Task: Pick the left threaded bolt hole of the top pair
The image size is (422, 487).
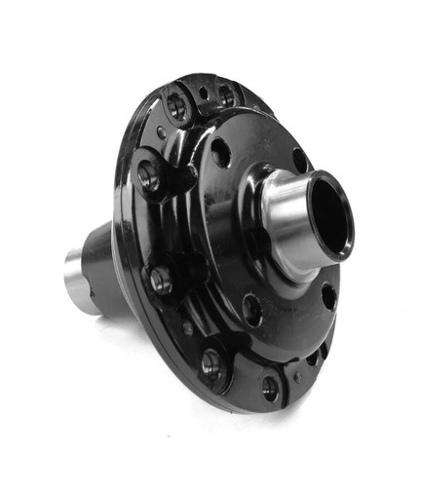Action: coord(176,105)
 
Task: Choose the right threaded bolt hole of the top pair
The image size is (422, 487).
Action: coord(226,94)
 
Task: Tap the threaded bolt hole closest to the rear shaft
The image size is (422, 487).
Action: coord(161,281)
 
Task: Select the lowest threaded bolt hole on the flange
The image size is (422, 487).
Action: coord(268,387)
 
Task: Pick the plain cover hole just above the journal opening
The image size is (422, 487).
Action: coord(299,160)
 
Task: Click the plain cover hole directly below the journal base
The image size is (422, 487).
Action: coord(252,310)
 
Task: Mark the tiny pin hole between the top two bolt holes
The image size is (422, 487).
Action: coord(203,94)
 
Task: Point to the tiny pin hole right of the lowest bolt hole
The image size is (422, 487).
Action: coord(302,374)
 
